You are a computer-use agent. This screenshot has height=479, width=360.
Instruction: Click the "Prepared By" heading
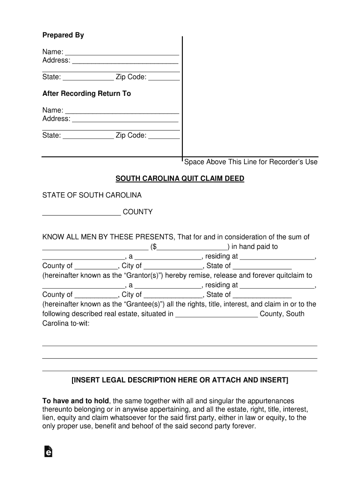click(x=63, y=36)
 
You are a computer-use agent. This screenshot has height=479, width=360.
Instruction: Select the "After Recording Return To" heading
click(x=86, y=94)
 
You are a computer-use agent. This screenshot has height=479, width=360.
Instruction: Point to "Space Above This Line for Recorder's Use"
click(x=251, y=162)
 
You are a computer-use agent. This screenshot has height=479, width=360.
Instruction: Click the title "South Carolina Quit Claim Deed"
click(x=180, y=179)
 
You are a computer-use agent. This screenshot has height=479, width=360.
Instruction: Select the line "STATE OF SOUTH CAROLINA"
click(x=92, y=195)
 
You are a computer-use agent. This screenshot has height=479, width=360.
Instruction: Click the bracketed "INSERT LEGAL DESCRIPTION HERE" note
click(x=180, y=380)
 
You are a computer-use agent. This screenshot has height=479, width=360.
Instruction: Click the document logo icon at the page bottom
click(x=48, y=451)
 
